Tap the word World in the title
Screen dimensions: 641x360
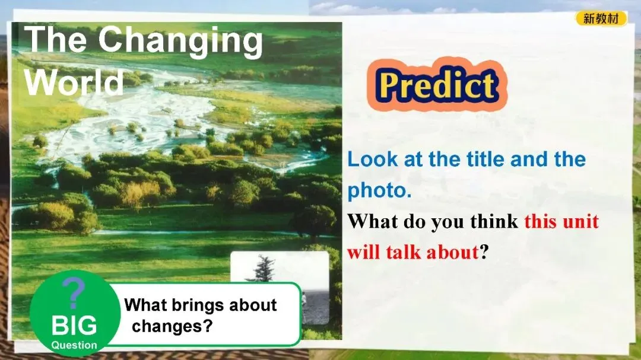[74, 82]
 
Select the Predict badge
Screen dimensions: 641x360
[437, 84]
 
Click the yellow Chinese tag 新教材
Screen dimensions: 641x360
[601, 18]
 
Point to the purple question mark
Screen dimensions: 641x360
[74, 292]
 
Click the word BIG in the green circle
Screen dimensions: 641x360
[74, 325]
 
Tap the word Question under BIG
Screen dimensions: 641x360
[74, 345]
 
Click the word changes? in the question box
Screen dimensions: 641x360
[172, 327]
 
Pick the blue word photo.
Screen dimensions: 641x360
[379, 190]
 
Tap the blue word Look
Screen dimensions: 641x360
[372, 160]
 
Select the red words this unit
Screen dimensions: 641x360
[561, 221]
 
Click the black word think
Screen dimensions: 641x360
[494, 221]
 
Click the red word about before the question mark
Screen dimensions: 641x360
[452, 252]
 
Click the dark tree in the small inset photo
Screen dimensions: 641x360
[264, 269]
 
